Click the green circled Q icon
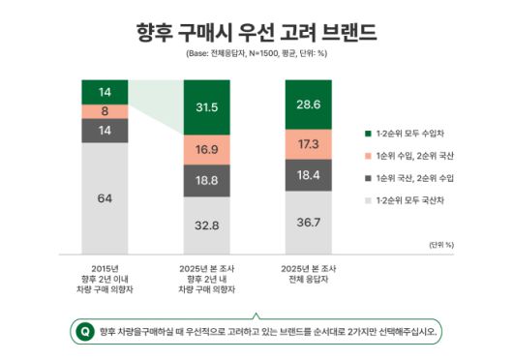coord(85,331)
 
